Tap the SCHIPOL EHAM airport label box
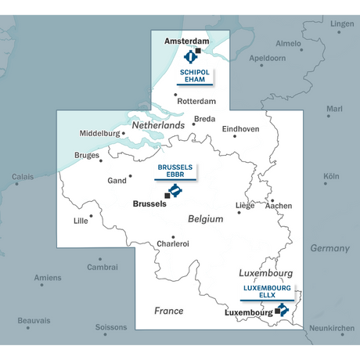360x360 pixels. [194, 75]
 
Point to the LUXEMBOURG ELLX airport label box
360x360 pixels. [267, 293]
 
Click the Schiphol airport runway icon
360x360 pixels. [190, 56]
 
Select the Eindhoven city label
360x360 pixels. [241, 129]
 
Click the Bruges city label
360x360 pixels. [87, 155]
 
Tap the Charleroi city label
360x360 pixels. [172, 244]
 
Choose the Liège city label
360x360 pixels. [245, 206]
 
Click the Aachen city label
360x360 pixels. [279, 206]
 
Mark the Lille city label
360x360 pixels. [81, 221]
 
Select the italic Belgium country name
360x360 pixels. [205, 220]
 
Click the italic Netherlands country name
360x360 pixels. [158, 126]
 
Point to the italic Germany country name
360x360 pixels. [329, 248]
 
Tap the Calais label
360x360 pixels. [22, 177]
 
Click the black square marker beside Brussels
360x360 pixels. [167, 196]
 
